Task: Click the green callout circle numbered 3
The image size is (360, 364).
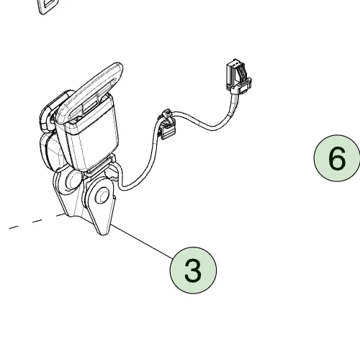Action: pyautogui.click(x=193, y=270)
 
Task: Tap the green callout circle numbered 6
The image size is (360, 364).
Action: pyautogui.click(x=337, y=158)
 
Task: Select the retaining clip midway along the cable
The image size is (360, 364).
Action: pyautogui.click(x=167, y=124)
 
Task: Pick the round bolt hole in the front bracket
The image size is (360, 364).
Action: pyautogui.click(x=102, y=196)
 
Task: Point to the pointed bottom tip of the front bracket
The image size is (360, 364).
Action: pyautogui.click(x=103, y=234)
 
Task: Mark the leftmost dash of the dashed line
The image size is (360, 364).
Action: pyautogui.click(x=14, y=227)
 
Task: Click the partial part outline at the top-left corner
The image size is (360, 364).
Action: pyautogui.click(x=48, y=6)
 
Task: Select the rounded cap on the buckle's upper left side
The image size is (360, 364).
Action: pyautogui.click(x=55, y=109)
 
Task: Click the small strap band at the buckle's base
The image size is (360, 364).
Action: pyautogui.click(x=101, y=165)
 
